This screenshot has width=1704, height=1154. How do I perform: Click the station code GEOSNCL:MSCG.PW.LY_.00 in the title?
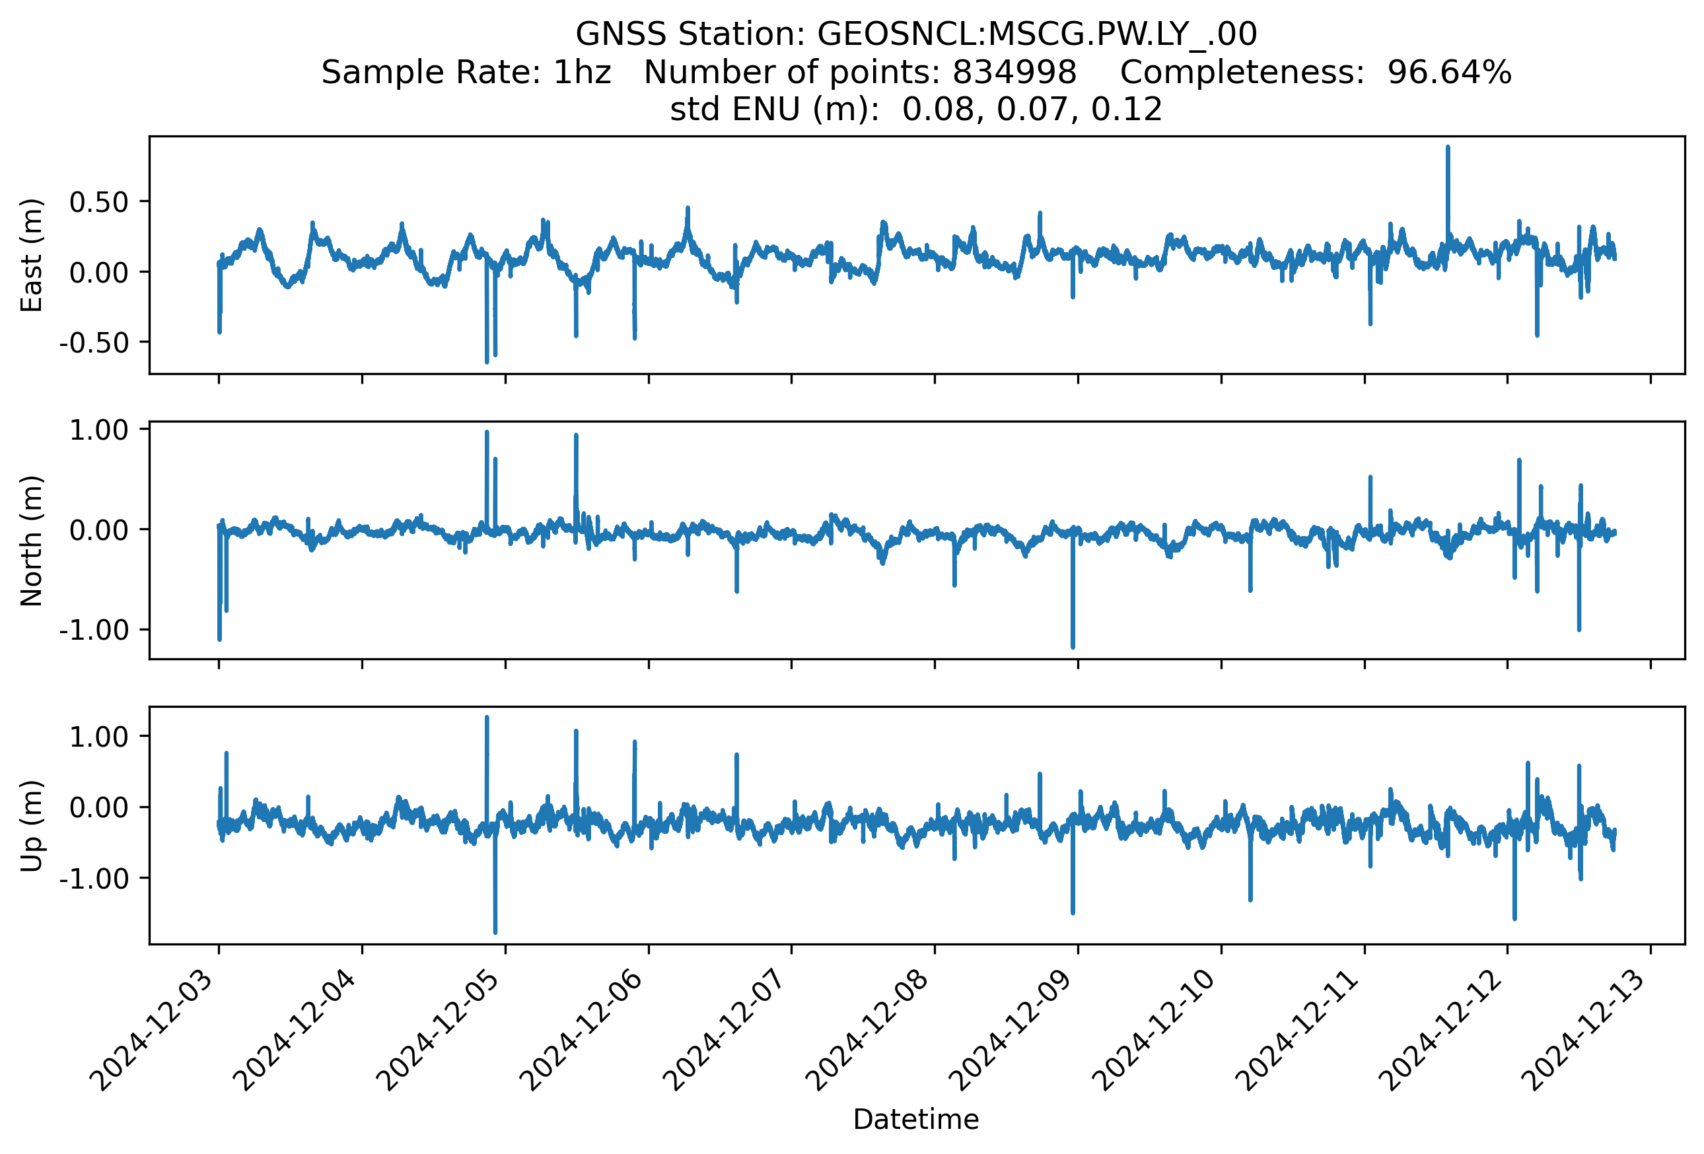tap(1037, 34)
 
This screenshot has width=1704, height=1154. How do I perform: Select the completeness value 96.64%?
tap(1450, 72)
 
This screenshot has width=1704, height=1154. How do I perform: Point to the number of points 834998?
tap(1014, 72)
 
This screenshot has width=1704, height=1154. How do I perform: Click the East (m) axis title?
tap(32, 255)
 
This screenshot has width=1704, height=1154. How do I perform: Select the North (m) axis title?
tap(32, 541)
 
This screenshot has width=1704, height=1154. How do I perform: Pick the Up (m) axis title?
tap(32, 826)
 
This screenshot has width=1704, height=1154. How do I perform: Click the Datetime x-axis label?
tap(916, 1119)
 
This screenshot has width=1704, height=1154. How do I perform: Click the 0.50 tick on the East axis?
tap(99, 201)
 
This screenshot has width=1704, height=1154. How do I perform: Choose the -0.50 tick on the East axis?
tap(94, 342)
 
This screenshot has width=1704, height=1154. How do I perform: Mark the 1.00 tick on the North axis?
tap(99, 429)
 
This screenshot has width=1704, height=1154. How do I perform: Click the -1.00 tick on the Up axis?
tap(94, 878)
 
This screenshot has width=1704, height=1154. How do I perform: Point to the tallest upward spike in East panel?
tap(1447, 147)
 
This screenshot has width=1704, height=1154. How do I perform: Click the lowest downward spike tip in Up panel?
tap(495, 933)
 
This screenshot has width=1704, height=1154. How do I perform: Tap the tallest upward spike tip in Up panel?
tap(487, 718)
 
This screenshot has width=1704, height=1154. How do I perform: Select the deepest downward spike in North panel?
tap(1073, 647)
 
